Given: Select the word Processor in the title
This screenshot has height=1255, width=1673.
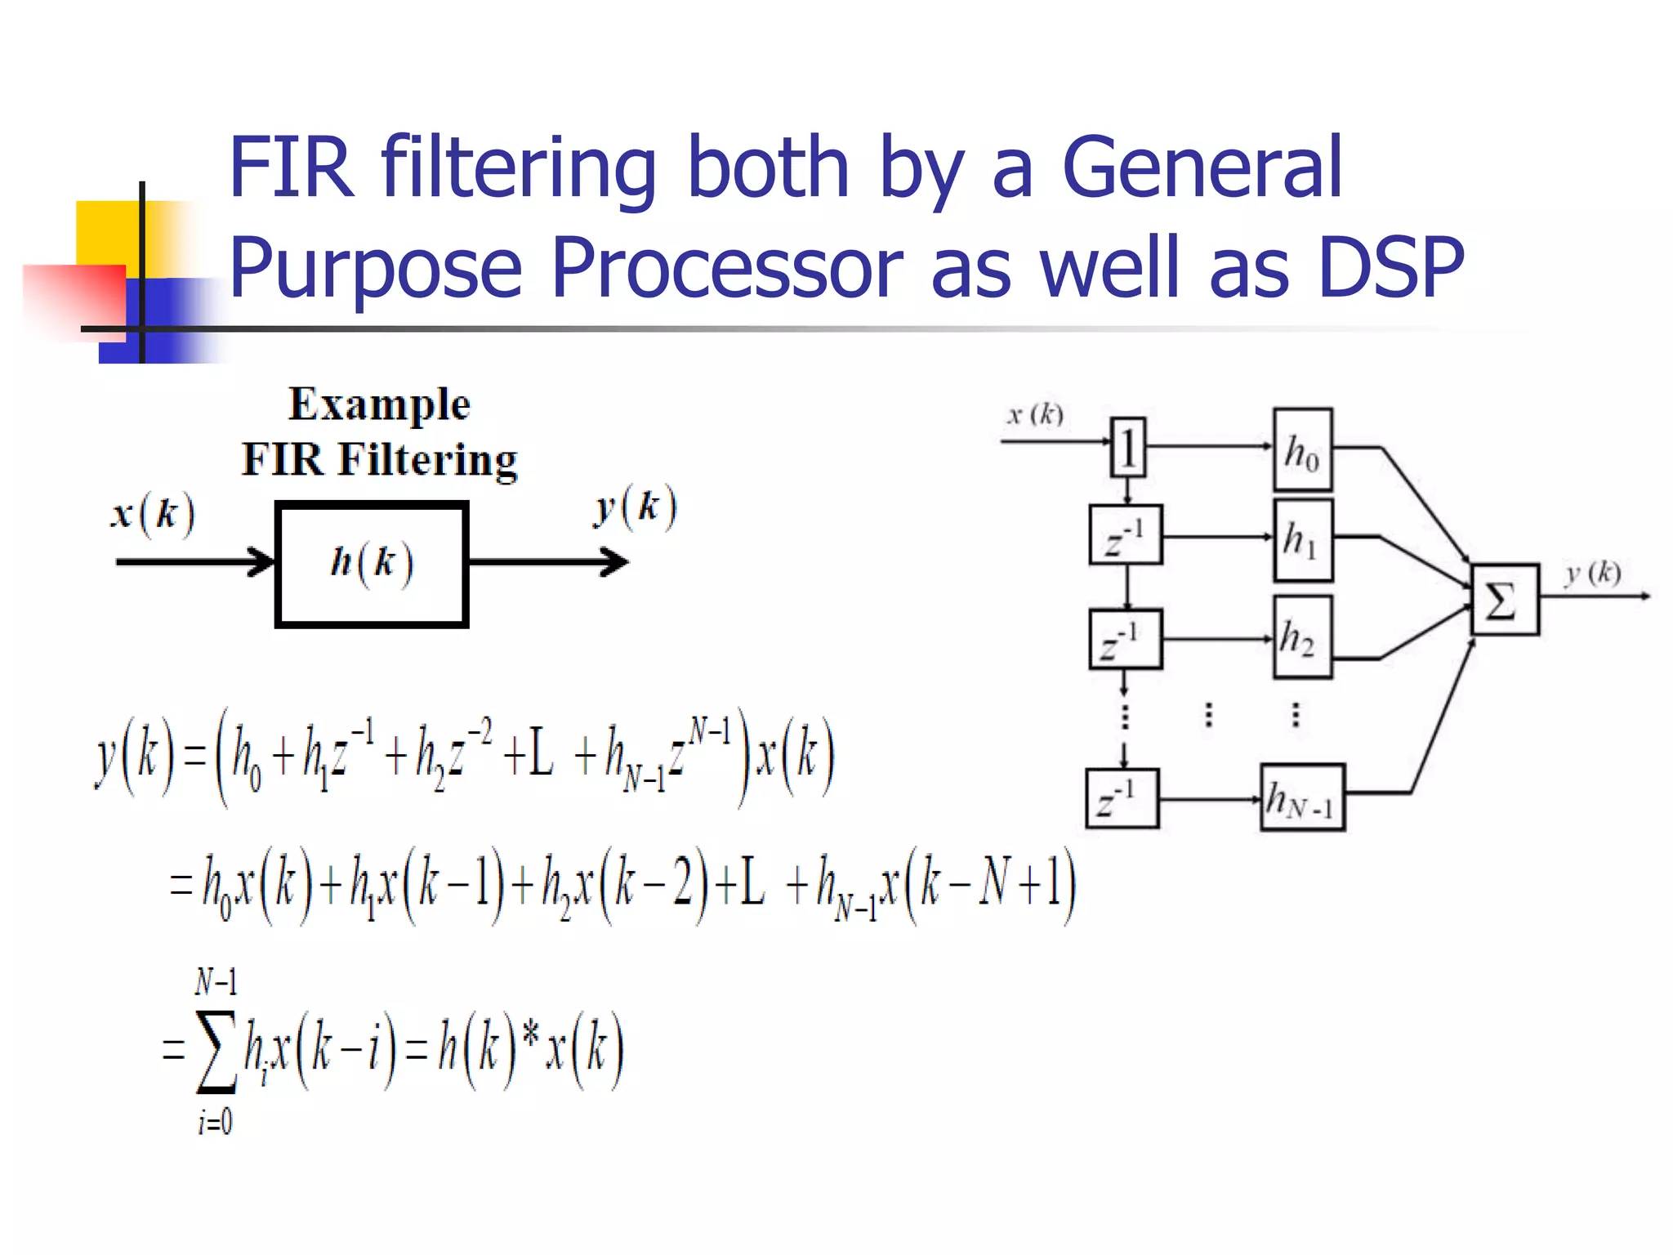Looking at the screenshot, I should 726,268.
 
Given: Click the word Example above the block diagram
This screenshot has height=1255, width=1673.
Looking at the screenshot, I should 379,404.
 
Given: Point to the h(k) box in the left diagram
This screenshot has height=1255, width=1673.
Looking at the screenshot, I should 372,564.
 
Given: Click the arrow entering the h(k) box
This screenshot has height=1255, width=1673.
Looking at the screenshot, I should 196,562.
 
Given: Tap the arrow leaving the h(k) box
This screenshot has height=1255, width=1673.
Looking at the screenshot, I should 547,562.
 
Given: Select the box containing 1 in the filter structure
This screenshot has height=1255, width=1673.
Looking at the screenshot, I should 1127,448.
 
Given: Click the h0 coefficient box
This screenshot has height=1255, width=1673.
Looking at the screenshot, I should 1303,449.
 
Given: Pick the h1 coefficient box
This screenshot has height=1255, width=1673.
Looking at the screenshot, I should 1303,540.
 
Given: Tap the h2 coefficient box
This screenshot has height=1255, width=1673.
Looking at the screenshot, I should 1302,637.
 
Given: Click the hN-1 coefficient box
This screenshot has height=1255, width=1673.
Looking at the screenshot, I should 1302,797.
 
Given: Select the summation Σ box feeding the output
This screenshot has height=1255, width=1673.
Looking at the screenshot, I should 1504,600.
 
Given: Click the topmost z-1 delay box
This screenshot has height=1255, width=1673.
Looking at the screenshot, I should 1126,535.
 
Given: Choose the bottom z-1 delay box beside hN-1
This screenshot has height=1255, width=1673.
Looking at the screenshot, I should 1122,798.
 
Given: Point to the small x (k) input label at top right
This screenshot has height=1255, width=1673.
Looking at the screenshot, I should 1035,415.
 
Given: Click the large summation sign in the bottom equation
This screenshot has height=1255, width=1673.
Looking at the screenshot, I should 216,1052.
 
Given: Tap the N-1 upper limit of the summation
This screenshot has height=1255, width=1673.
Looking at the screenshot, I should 216,981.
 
